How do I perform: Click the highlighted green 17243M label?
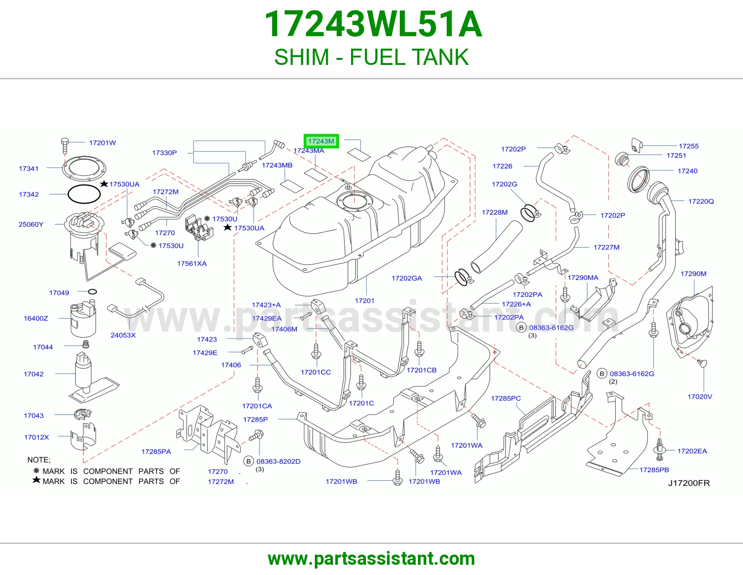tap(321, 141)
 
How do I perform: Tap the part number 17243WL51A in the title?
tap(373, 24)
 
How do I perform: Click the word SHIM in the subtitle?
tap(301, 57)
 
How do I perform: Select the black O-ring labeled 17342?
tap(84, 194)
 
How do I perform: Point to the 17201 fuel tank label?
tap(365, 300)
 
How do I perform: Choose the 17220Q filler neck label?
tap(701, 201)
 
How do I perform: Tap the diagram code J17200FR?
tap(689, 483)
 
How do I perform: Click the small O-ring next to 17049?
tap(92, 292)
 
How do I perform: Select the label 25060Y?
tap(31, 224)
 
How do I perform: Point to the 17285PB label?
tap(654, 469)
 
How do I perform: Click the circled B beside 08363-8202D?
tap(248, 461)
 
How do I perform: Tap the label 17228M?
tap(495, 212)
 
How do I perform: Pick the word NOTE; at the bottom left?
tap(39, 460)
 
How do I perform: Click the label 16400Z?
tap(36, 318)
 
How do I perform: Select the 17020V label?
tap(699, 396)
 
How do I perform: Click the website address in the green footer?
tap(371, 559)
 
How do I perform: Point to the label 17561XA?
tap(192, 263)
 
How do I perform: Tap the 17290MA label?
tap(583, 278)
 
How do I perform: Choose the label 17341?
tap(28, 168)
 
